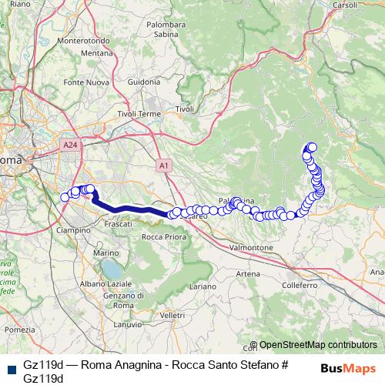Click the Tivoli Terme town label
click(139, 114)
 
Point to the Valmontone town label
click(252, 247)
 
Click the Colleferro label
click(300, 284)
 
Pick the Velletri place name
click(172, 315)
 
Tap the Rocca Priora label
click(161, 236)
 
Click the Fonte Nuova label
click(85, 82)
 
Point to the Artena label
click(248, 273)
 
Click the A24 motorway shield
click(68, 143)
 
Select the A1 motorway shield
click(164, 164)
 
